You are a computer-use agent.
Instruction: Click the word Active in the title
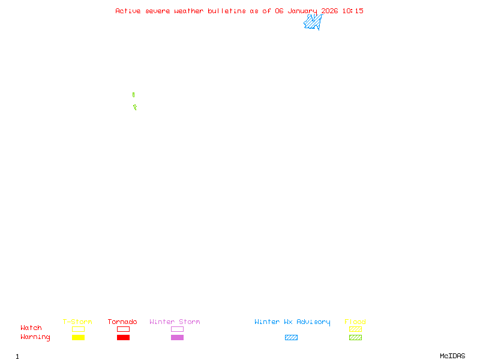coord(128,11)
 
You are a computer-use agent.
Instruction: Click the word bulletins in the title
coord(227,11)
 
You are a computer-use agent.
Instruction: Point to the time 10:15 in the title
coord(353,11)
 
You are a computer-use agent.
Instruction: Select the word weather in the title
coord(190,11)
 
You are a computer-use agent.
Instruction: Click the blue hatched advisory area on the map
coord(313,22)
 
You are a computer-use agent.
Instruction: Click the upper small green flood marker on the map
coord(133,95)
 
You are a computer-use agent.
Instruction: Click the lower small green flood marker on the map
coord(135,107)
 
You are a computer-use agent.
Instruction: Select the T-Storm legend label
coord(77,322)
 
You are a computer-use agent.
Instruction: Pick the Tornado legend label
coord(122,322)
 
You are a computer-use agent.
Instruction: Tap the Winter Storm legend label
coord(175,322)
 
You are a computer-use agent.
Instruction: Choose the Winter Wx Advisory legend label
coord(292,322)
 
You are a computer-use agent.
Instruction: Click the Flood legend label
coord(355,322)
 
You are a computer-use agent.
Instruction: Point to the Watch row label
coord(31,328)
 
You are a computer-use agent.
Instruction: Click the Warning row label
coord(35,337)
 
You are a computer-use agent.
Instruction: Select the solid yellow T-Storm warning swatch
coord(78,337)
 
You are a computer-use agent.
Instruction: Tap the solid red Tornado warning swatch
coord(123,337)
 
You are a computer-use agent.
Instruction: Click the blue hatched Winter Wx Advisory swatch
coord(291,337)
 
